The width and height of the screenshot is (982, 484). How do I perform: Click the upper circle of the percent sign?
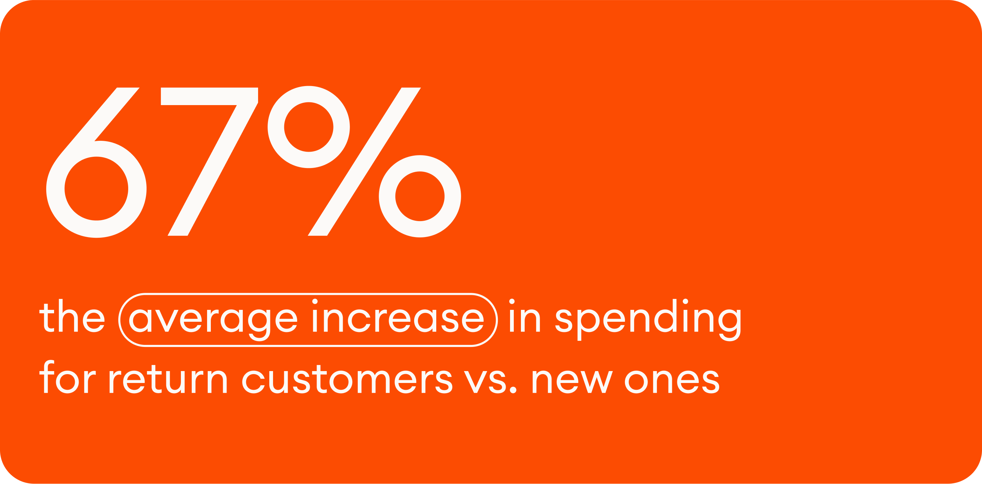click(x=308, y=127)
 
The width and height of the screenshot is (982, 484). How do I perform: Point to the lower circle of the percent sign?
click(x=420, y=196)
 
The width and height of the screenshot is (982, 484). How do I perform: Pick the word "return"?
click(x=168, y=380)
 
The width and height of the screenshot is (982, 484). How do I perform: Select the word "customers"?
click(x=347, y=380)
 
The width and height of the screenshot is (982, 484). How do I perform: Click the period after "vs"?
click(x=513, y=390)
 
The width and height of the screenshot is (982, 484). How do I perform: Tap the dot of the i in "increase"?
click(x=315, y=302)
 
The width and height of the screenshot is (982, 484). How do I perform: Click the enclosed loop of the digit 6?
click(x=96, y=188)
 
